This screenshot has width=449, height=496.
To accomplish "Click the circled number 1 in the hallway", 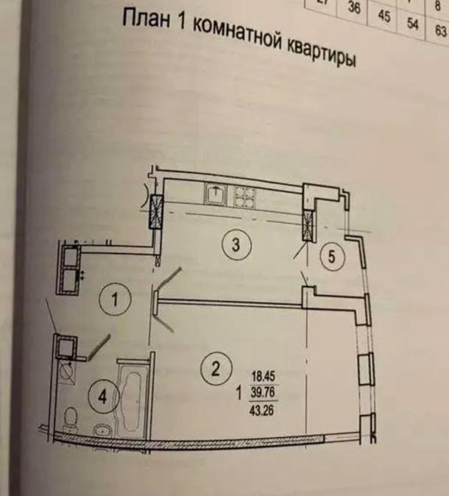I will pyautogui.click(x=115, y=300).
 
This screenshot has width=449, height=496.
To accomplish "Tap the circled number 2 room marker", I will pyautogui.click(x=215, y=368).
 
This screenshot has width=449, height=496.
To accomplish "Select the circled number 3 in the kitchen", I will pyautogui.click(x=235, y=246).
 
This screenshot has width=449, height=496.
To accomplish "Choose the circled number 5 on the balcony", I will pyautogui.click(x=332, y=257).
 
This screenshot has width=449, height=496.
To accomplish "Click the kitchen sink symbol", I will pyautogui.click(x=214, y=195).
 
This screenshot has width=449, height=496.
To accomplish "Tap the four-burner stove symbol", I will pyautogui.click(x=244, y=196).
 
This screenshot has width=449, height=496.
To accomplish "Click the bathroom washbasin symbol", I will pyautogui.click(x=100, y=428).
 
